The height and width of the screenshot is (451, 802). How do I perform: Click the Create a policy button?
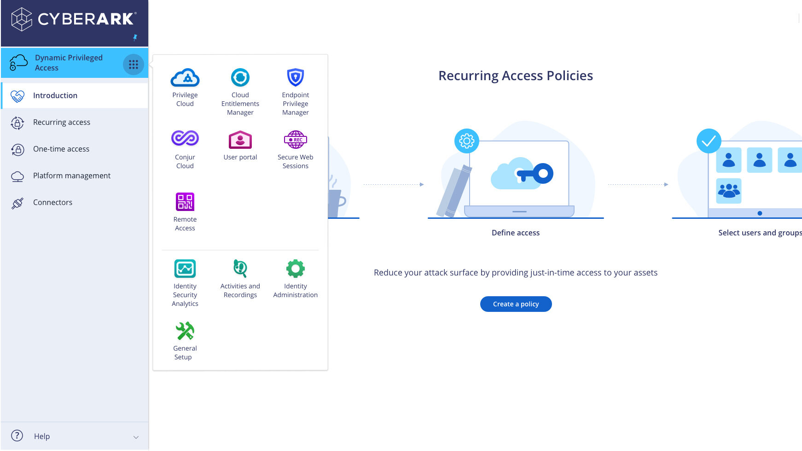pyautogui.click(x=516, y=304)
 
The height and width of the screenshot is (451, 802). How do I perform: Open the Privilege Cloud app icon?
pyautogui.click(x=185, y=78)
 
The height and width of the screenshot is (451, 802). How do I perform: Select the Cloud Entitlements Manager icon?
pyautogui.click(x=240, y=78)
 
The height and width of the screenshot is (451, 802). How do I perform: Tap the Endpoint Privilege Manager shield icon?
pyautogui.click(x=295, y=77)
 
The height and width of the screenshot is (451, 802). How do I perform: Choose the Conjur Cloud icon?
pyautogui.click(x=185, y=138)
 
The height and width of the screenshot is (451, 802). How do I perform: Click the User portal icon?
pyautogui.click(x=240, y=140)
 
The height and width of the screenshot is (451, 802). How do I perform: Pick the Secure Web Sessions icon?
pyautogui.click(x=295, y=140)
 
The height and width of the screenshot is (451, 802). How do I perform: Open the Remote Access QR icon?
pyautogui.click(x=185, y=202)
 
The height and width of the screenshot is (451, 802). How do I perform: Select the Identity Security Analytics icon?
pyautogui.click(x=185, y=269)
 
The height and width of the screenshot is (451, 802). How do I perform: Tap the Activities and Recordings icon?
pyautogui.click(x=240, y=268)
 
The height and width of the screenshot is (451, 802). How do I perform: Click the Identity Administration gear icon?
pyautogui.click(x=295, y=269)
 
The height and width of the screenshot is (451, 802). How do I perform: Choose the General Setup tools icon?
pyautogui.click(x=185, y=331)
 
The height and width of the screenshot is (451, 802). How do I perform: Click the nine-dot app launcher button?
pyautogui.click(x=134, y=64)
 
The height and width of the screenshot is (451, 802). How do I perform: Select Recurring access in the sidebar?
pyautogui.click(x=62, y=122)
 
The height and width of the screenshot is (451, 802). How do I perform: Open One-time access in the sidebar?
pyautogui.click(x=61, y=149)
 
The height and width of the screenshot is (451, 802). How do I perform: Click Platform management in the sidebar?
pyautogui.click(x=72, y=176)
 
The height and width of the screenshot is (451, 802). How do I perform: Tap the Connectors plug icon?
pyautogui.click(x=17, y=203)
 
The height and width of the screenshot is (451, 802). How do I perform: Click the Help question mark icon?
pyautogui.click(x=17, y=436)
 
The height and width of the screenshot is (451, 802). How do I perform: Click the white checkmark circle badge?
pyautogui.click(x=709, y=141)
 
